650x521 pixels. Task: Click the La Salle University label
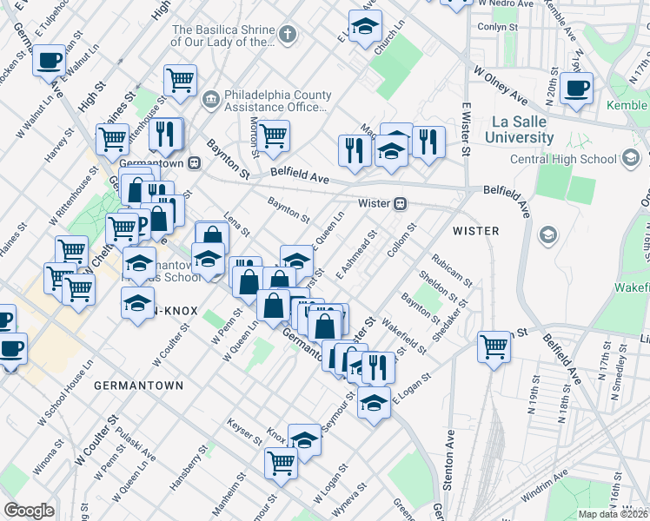pos(519,129)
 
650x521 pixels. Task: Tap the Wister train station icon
pos(400,204)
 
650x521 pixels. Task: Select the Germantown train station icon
pos(196,162)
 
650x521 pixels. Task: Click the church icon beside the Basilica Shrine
pos(288,34)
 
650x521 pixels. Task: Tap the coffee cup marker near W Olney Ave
pos(576,89)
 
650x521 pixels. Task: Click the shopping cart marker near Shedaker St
pos(494,346)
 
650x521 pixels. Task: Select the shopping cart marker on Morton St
pos(273,135)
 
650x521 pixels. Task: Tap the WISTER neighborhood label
pos(475,231)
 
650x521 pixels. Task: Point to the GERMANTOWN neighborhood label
pos(138,385)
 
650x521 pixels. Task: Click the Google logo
pos(29,511)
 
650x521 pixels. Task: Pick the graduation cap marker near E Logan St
pos(374,404)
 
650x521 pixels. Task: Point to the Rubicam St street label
pos(452,270)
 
